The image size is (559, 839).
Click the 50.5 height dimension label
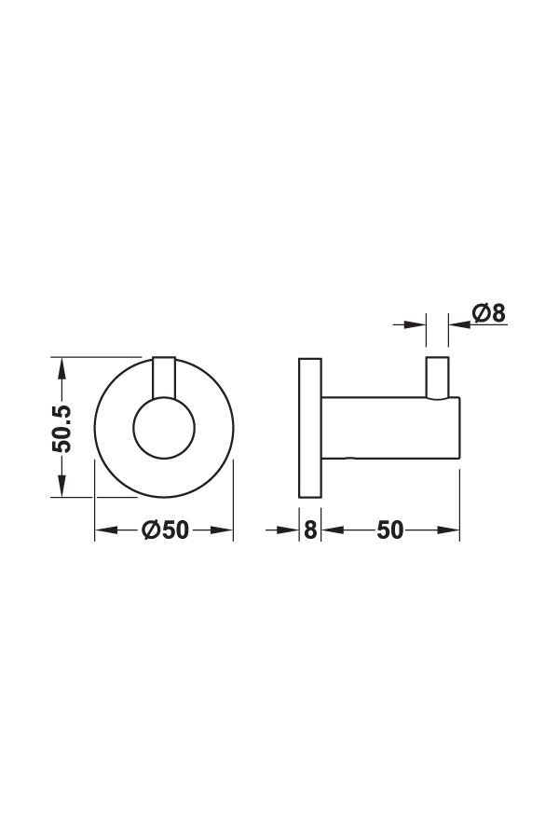(x=62, y=429)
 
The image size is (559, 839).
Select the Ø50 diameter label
(x=165, y=530)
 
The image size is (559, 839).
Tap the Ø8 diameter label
(x=489, y=313)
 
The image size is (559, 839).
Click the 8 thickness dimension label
(x=310, y=530)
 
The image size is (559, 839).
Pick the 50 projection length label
(x=389, y=530)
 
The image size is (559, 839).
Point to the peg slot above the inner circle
(x=164, y=377)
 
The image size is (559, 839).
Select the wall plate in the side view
(x=310, y=428)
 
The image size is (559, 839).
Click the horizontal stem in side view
(x=390, y=428)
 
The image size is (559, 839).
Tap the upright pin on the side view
(x=438, y=378)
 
